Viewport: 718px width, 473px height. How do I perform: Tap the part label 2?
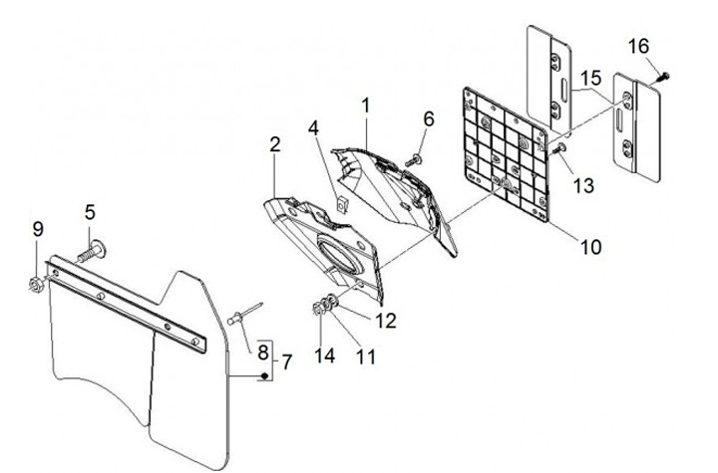click(273, 145)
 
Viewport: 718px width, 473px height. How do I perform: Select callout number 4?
click(313, 128)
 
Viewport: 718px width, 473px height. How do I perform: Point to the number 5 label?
click(90, 212)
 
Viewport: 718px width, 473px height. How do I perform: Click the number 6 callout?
click(429, 118)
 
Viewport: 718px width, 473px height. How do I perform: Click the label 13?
click(581, 186)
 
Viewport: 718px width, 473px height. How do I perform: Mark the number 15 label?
click(591, 77)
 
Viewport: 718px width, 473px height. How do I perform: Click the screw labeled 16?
click(662, 73)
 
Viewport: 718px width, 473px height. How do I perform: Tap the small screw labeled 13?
click(560, 148)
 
